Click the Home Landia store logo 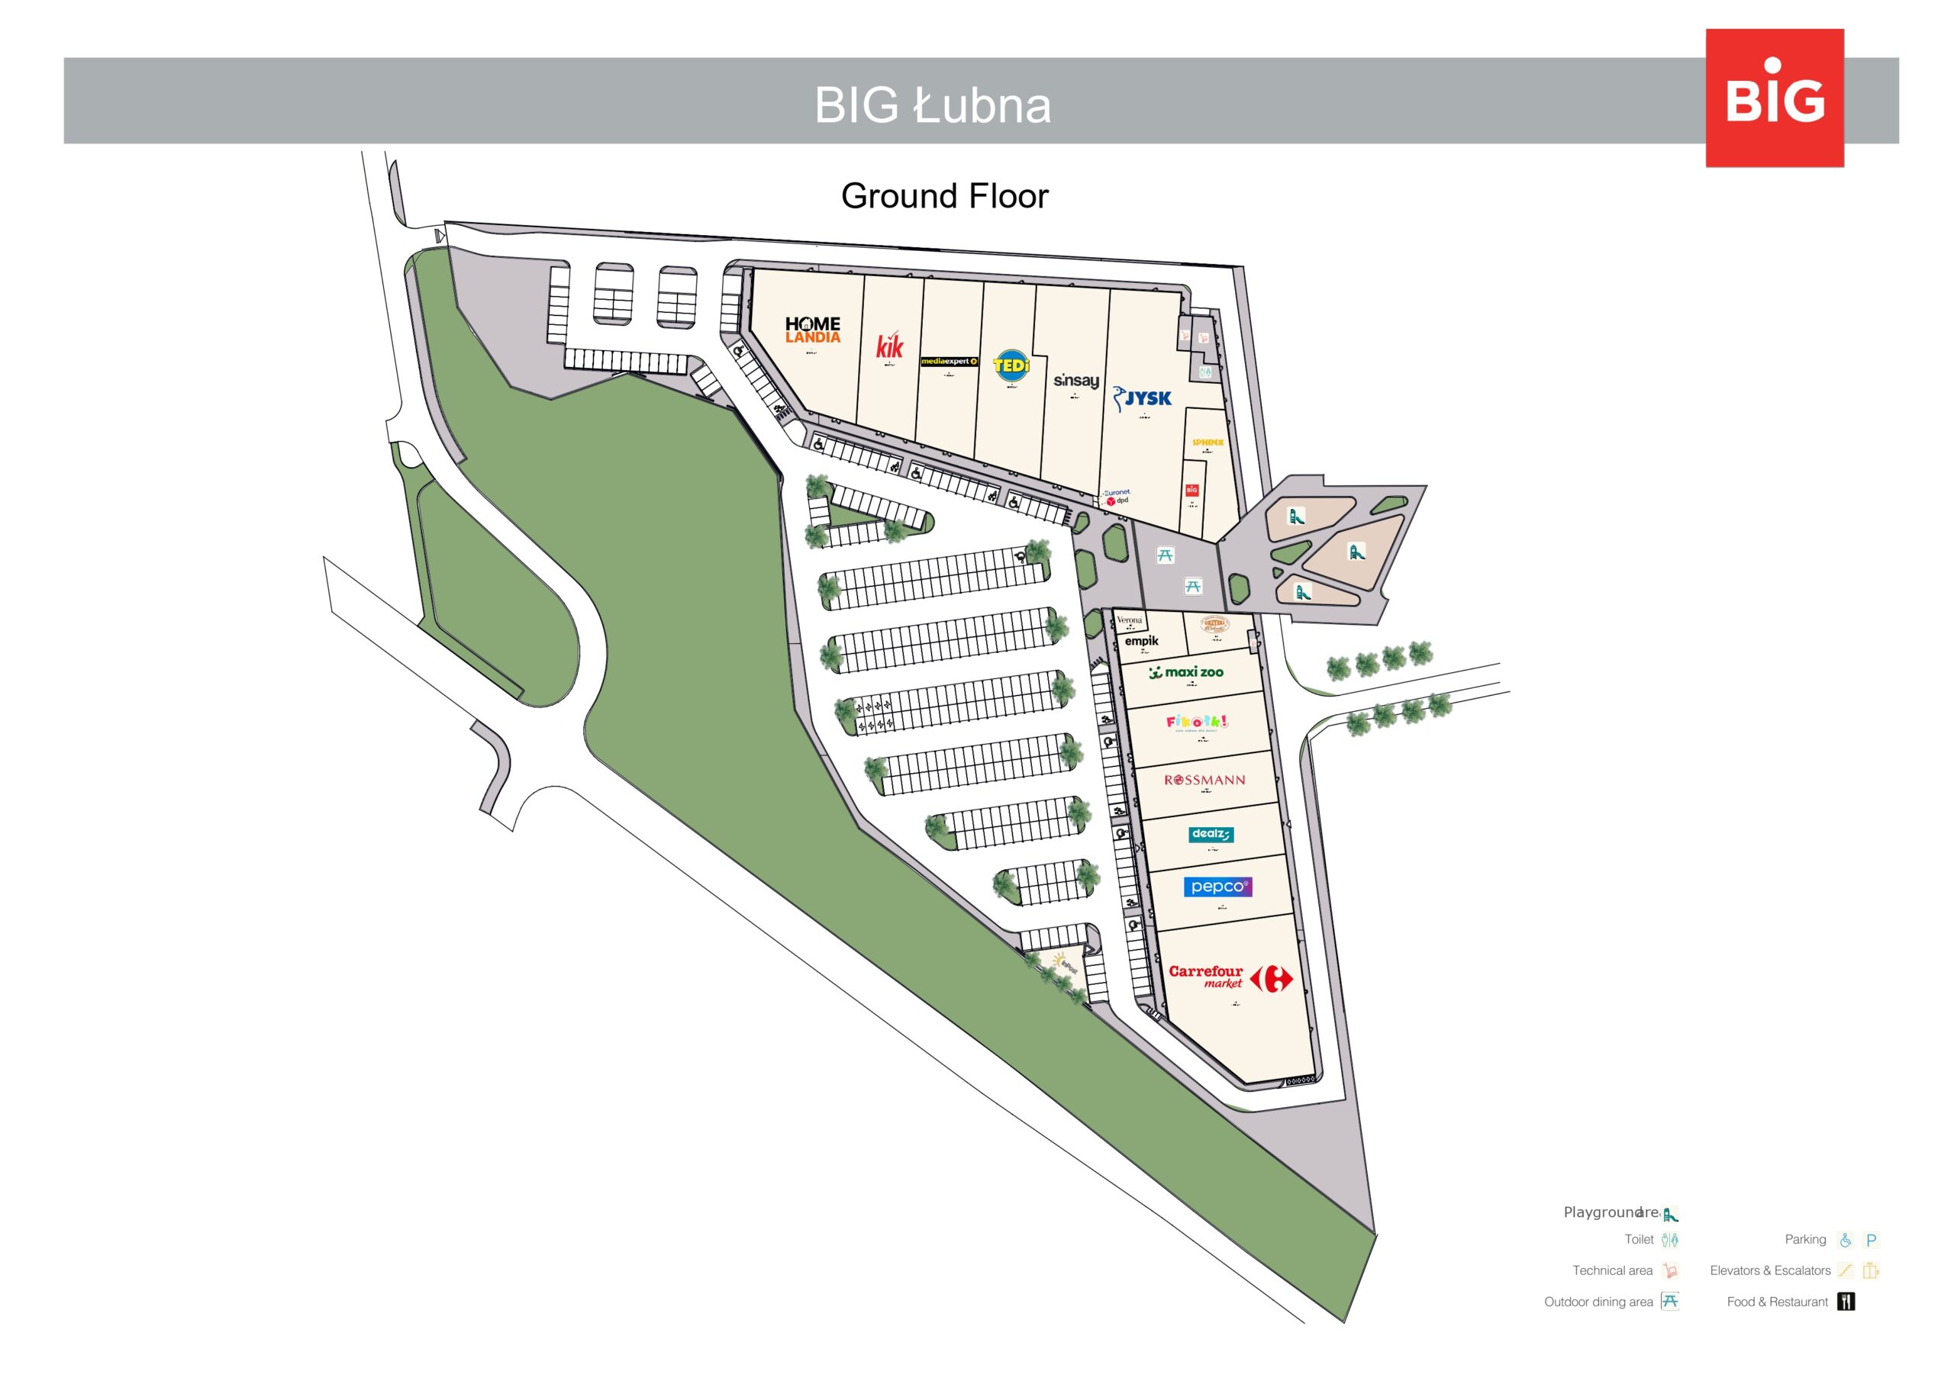(812, 330)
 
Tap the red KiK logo (889, 346)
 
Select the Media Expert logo (949, 362)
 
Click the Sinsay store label (1075, 381)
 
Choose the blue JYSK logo (1143, 398)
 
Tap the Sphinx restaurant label (1207, 443)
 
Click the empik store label (1141, 641)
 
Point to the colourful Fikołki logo (1197, 723)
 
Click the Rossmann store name (1204, 780)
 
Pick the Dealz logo (1211, 834)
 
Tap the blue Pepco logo (1217, 887)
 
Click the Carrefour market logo (1229, 977)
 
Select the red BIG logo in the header (1775, 98)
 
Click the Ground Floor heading (944, 197)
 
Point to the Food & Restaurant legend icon (1845, 1301)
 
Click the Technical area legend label (1612, 1270)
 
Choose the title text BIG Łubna (932, 105)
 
